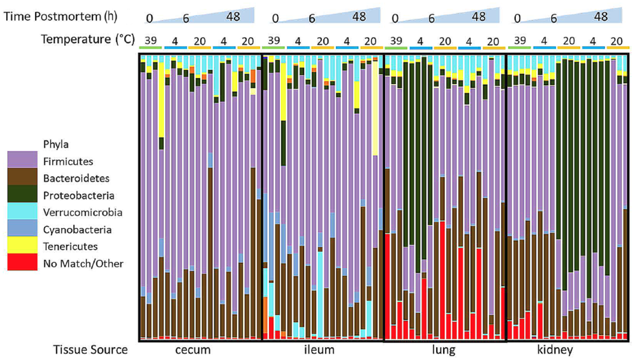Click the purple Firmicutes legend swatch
click(22, 160)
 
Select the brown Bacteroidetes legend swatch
click(22, 177)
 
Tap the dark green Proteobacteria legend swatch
click(22, 194)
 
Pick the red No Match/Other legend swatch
click(22, 262)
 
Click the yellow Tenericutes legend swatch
click(22, 245)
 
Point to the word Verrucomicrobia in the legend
click(83, 213)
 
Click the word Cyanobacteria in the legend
click(77, 230)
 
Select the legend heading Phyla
click(56, 145)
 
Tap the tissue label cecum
click(193, 350)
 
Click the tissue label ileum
click(319, 350)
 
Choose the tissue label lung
click(444, 350)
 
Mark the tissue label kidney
click(555, 350)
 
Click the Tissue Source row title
click(90, 350)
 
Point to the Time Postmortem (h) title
click(60, 16)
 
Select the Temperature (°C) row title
click(88, 39)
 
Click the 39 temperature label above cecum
click(151, 41)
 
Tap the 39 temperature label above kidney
click(520, 41)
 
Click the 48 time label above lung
click(478, 17)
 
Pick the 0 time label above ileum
click(275, 19)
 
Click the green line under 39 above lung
click(396, 48)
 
